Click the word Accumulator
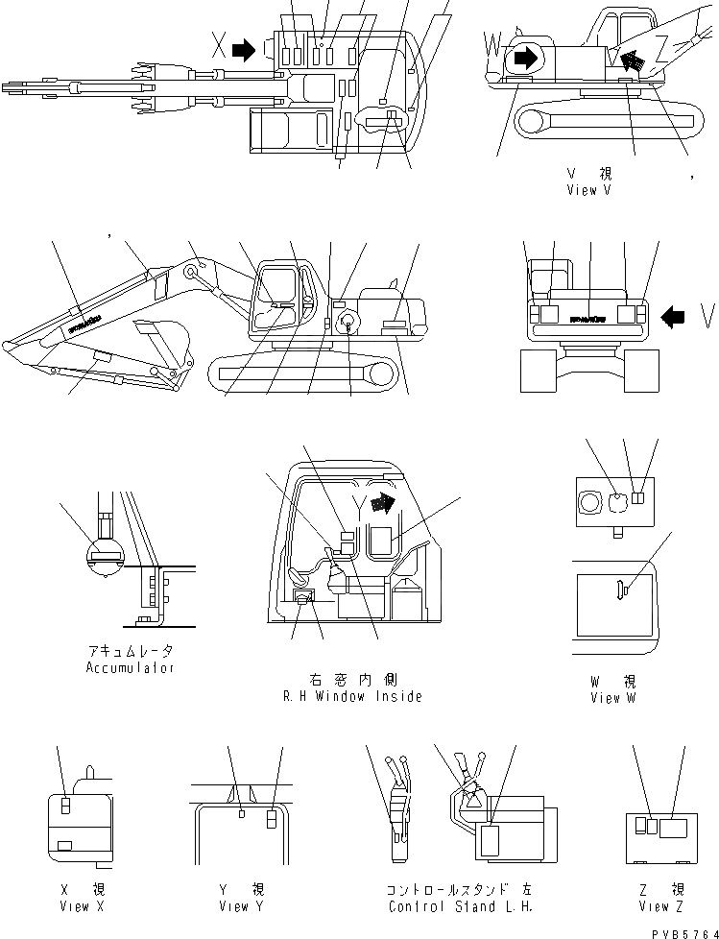pos(130,667)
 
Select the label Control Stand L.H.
pos(460,906)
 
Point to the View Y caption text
pos(234,906)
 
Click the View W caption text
pos(612,698)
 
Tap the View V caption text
pos(588,190)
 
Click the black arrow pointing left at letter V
pos(676,315)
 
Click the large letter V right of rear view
pos(707,315)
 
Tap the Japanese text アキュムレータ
pos(130,652)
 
